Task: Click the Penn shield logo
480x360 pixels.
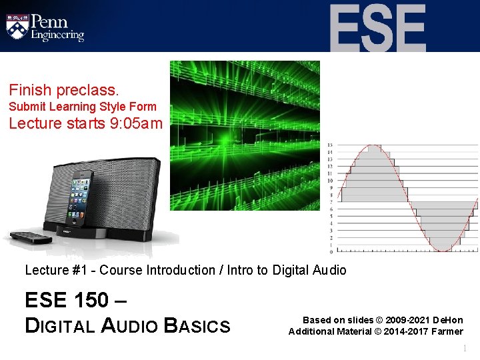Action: (17, 26)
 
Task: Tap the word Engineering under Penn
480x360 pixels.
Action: (58, 35)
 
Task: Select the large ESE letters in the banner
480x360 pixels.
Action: (377, 29)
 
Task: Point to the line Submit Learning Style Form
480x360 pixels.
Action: (83, 107)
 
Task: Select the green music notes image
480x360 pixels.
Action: (245, 135)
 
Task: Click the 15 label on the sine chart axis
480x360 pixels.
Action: (330, 145)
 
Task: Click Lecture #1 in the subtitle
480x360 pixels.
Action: (48, 270)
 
